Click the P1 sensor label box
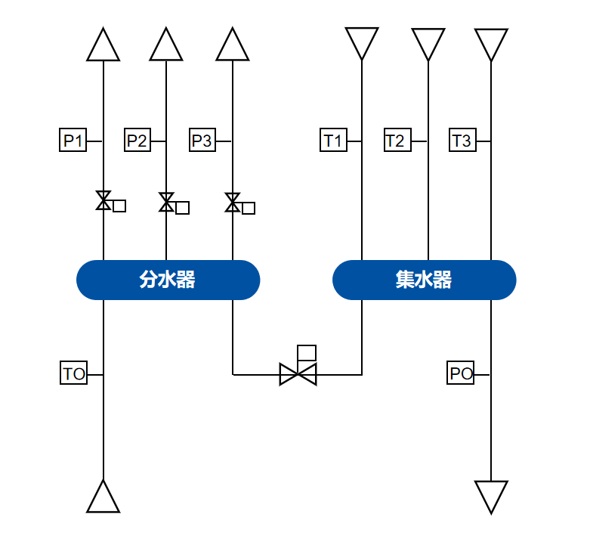pyautogui.click(x=73, y=141)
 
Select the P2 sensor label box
pyautogui.click(x=137, y=141)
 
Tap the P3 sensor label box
pyautogui.click(x=202, y=141)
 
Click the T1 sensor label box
pyautogui.click(x=333, y=141)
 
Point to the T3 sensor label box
pyautogui.click(x=462, y=141)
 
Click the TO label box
pyautogui.click(x=74, y=373)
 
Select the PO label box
pyautogui.click(x=461, y=373)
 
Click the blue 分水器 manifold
pyautogui.click(x=168, y=280)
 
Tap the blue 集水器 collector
pyautogui.click(x=424, y=280)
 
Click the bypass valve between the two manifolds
pyautogui.click(x=298, y=374)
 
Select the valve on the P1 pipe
pyautogui.click(x=103, y=201)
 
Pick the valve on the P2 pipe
pyautogui.click(x=166, y=203)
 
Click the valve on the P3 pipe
pyautogui.click(x=233, y=203)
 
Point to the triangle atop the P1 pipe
pyautogui.click(x=103, y=47)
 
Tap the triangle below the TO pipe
pyautogui.click(x=103, y=499)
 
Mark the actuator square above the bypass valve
pyautogui.click(x=307, y=353)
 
